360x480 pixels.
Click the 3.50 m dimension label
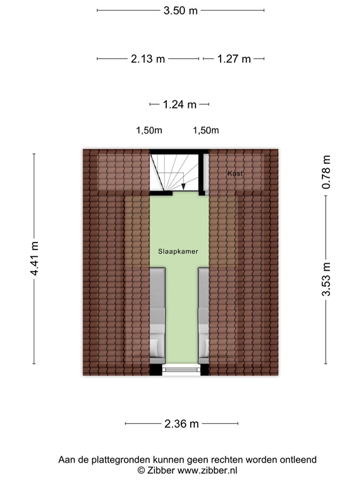[x=180, y=11]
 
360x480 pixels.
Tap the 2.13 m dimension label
[x=147, y=59]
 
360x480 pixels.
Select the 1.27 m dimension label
[x=234, y=59]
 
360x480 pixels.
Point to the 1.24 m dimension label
[x=179, y=104]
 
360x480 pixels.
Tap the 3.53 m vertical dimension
[x=326, y=280]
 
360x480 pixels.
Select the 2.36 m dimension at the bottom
[x=181, y=424]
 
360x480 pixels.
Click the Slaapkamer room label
[x=178, y=251]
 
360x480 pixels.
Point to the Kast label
[x=235, y=172]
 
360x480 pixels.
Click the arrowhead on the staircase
[x=183, y=186]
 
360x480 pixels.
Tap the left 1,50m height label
[x=149, y=131]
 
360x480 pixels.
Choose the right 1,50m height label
[x=206, y=131]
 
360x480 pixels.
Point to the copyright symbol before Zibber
[x=141, y=471]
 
